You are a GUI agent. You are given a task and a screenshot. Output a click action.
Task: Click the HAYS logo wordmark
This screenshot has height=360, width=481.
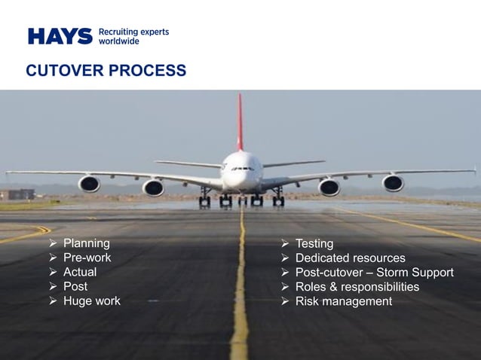pos(60,36)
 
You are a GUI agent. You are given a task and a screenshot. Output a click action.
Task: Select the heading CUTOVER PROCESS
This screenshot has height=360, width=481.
pos(106,71)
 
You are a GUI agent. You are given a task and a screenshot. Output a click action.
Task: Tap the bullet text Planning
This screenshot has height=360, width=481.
pos(86,243)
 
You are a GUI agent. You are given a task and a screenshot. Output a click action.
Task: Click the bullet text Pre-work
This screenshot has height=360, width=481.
pos(87,258)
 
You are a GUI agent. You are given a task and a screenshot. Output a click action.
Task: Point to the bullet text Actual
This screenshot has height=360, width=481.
pos(80,272)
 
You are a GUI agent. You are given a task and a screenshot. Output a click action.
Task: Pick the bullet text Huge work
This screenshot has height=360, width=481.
pos(91,301)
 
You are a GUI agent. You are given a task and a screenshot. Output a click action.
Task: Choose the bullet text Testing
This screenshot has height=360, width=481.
pos(314,244)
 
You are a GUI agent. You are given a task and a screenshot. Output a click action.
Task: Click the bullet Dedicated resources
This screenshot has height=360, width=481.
pos(350,258)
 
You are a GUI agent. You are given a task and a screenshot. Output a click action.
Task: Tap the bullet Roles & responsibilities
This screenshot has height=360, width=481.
pos(357,287)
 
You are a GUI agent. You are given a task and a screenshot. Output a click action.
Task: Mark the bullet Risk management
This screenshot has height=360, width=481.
pos(344,301)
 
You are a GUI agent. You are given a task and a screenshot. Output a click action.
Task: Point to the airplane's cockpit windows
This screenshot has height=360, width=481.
pos(241,168)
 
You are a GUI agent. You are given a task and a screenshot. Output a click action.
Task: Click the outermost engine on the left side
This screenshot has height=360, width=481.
pos(89,184)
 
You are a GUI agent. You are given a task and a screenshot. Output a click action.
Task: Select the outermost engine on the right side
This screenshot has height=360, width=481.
pos(393,183)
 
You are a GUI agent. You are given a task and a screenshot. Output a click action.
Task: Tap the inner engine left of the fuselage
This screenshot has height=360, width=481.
pos(153,188)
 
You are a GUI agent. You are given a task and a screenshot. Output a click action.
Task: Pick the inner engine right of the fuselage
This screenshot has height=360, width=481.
pos(329,188)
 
